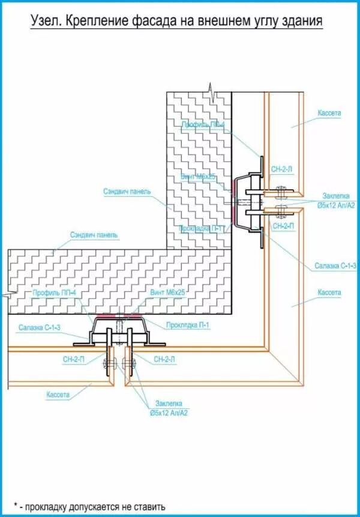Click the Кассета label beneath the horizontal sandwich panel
58,395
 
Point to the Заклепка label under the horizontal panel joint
169,403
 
